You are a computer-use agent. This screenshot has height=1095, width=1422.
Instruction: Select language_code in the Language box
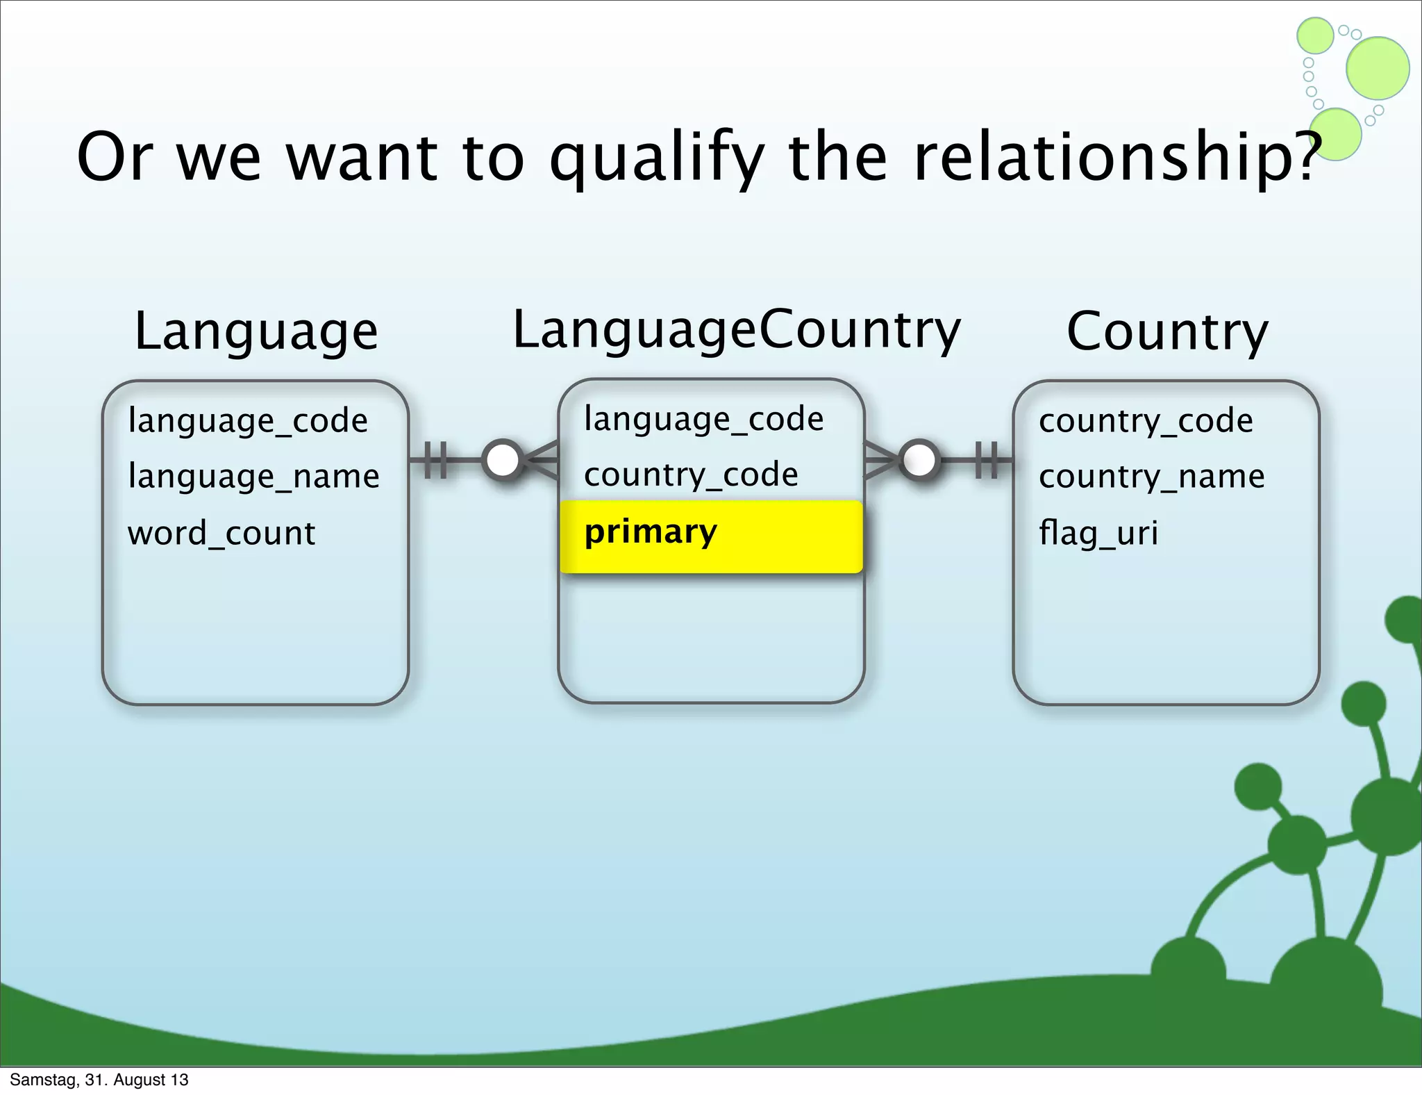tap(248, 421)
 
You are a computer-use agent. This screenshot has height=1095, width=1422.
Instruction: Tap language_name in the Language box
tap(253, 477)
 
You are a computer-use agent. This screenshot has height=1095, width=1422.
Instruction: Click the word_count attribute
tap(221, 534)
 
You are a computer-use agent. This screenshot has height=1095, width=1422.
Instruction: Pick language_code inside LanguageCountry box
tap(703, 419)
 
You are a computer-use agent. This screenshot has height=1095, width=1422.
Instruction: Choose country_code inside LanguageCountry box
tap(691, 475)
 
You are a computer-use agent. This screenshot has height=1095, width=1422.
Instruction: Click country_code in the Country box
tap(1146, 421)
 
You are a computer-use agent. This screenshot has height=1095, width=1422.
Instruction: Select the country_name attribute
tap(1151, 477)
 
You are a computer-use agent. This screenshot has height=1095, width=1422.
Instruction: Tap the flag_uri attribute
tap(1098, 534)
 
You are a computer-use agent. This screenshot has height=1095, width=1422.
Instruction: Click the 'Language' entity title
tap(256, 332)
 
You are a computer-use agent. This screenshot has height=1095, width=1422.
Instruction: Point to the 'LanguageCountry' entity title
tap(736, 330)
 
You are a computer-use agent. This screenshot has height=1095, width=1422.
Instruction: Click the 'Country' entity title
tap(1167, 332)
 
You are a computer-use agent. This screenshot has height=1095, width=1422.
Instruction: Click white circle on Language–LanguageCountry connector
tap(503, 460)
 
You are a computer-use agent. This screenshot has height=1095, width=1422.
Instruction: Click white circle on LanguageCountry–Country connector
tap(919, 460)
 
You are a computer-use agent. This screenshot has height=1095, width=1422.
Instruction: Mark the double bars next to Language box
tap(435, 460)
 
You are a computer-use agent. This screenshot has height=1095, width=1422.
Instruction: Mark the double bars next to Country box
tap(986, 460)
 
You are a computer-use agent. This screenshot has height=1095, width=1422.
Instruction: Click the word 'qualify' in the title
tap(655, 158)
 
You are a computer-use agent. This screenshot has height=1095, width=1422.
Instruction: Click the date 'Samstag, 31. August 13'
tap(99, 1080)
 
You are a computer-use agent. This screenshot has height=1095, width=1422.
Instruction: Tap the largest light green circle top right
tap(1378, 68)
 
